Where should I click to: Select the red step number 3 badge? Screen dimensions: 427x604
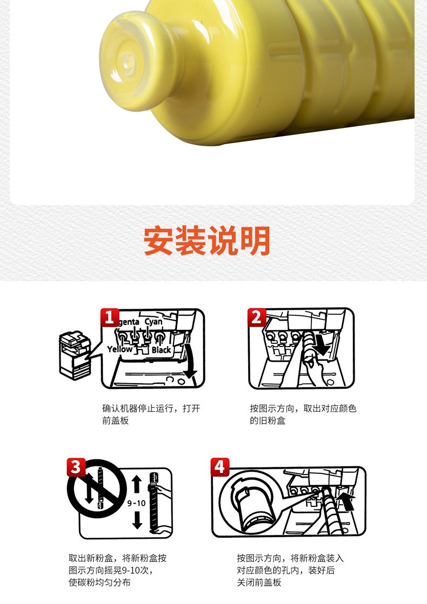(x=76, y=467)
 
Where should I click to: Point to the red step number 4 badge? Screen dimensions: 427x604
(x=220, y=467)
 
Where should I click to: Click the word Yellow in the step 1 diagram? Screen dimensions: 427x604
(x=120, y=349)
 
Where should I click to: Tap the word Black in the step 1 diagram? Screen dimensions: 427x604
(x=161, y=349)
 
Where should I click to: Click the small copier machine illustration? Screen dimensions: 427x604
(x=75, y=355)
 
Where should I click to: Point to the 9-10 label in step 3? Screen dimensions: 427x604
(x=137, y=503)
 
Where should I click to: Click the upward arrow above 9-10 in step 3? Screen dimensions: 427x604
(x=137, y=484)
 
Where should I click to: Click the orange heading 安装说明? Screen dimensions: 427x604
(x=207, y=241)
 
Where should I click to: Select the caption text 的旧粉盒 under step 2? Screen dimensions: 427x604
(x=268, y=420)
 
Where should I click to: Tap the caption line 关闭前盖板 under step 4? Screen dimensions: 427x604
(x=259, y=582)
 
